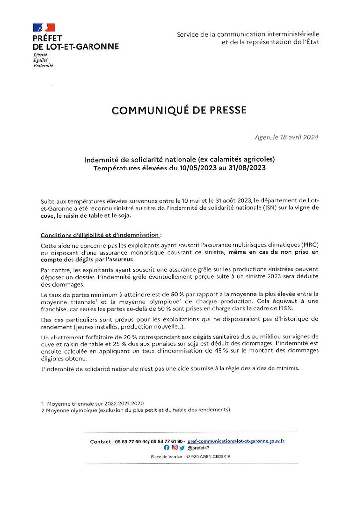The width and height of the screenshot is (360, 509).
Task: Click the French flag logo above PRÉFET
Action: coord(42,28)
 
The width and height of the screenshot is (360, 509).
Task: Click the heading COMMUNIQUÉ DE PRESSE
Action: coord(179,110)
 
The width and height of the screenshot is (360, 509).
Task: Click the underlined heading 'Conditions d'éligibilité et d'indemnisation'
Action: coord(100,234)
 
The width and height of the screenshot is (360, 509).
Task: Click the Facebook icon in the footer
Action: coord(167,448)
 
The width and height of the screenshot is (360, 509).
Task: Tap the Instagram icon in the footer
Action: coord(175,448)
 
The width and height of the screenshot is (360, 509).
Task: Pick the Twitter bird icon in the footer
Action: coord(182,448)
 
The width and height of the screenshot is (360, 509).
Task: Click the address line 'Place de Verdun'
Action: coord(165,456)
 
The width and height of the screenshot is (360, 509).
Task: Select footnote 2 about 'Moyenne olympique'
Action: coord(136,410)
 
